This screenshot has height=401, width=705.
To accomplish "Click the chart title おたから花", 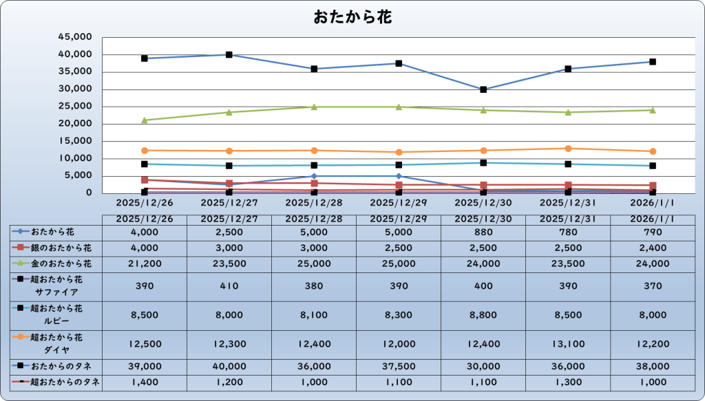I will pos(352,17).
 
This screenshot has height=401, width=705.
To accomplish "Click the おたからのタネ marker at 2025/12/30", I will pos(483,89).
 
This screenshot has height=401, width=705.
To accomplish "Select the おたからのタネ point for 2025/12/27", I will pos(229,55).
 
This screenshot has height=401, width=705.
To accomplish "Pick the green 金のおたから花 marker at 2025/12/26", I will pos(145,120).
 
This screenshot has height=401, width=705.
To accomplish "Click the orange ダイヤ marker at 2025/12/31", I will pos(568,149).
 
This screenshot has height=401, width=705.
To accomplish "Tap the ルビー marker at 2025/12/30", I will pos(483,163).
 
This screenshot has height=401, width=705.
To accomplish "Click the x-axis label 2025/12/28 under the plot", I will pos(314,204).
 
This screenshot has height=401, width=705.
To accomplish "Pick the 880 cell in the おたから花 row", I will pos(483,232).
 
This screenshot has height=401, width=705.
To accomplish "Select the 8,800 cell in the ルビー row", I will pos(483,314).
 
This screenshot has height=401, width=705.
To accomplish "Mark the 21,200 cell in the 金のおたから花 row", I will pos(145,263).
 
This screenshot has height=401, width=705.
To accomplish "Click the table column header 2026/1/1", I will pos(653,219).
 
